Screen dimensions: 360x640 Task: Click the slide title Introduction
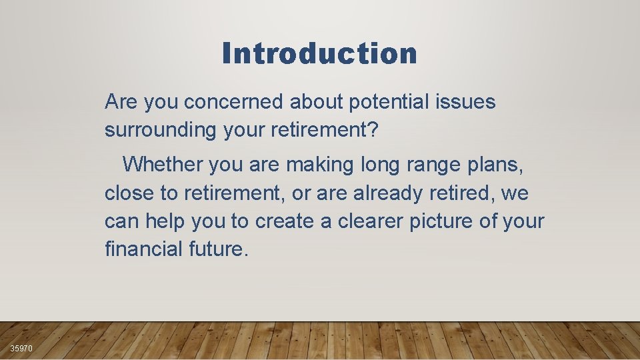point(319,53)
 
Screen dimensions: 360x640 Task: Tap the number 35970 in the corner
point(21,350)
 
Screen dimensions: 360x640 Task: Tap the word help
point(165,222)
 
